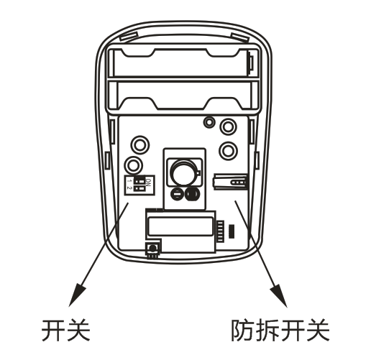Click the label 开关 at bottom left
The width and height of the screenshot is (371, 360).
(66, 331)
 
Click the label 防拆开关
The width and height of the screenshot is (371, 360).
(280, 331)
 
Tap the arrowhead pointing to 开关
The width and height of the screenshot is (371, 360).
(77, 295)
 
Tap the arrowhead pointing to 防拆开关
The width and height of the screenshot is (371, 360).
(279, 296)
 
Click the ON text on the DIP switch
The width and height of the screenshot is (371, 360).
(149, 183)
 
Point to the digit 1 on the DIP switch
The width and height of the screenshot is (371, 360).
(129, 180)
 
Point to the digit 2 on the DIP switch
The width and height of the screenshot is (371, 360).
(129, 188)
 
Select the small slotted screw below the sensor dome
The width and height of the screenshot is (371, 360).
(177, 193)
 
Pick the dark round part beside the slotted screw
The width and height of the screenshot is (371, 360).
(192, 193)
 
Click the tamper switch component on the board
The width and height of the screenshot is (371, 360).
(230, 182)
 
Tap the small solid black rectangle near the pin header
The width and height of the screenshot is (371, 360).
(232, 231)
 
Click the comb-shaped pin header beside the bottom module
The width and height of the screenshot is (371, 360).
(220, 231)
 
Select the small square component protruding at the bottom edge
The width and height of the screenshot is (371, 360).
(152, 250)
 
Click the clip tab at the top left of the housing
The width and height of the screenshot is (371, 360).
(129, 37)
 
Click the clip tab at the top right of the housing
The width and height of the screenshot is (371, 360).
(240, 37)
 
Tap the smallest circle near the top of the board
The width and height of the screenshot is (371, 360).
(209, 122)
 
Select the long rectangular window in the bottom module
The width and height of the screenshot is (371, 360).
(180, 226)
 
